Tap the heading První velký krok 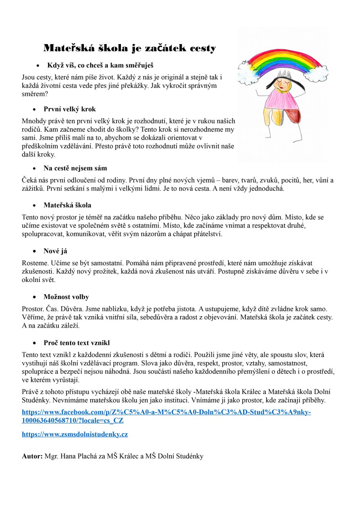70,109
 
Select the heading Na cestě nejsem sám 75,168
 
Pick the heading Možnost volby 66,297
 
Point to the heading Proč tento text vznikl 77,343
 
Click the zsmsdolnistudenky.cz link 75,434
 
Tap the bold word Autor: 32,456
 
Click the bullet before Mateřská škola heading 35,206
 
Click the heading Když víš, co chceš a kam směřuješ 100,65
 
